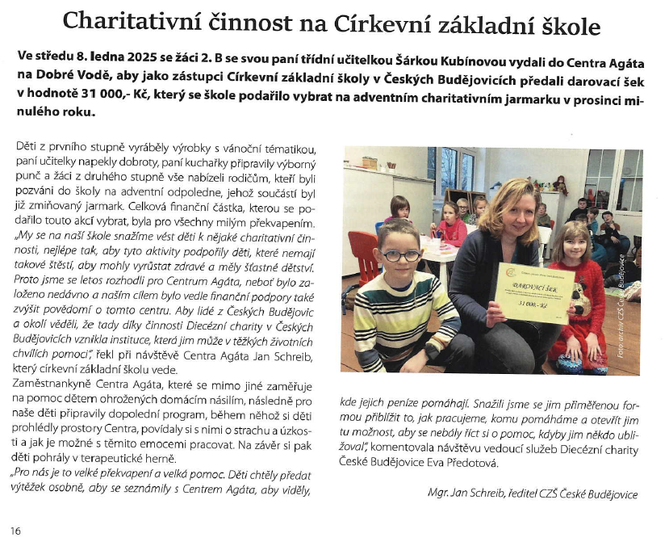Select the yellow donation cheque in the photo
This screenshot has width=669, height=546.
click(533, 294)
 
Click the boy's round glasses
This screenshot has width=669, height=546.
click(400, 255)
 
